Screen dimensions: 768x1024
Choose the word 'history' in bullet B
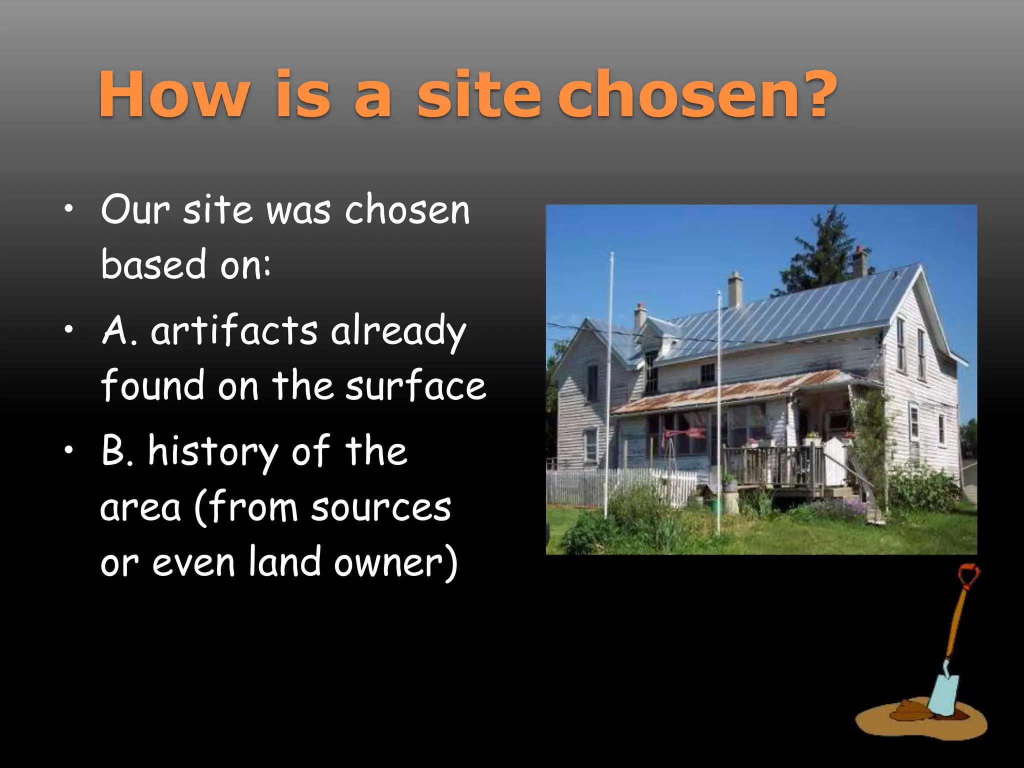(212, 452)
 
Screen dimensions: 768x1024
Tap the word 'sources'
(381, 507)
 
